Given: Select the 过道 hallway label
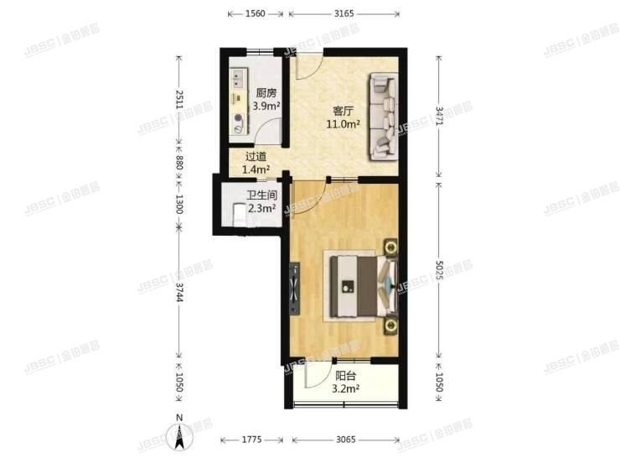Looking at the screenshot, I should (x=256, y=157).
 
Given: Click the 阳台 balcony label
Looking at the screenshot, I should (x=345, y=377).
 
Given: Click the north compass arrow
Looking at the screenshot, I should (x=178, y=435).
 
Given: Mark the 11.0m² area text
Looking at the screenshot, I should (x=344, y=124).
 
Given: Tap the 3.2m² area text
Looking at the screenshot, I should (x=345, y=389).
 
